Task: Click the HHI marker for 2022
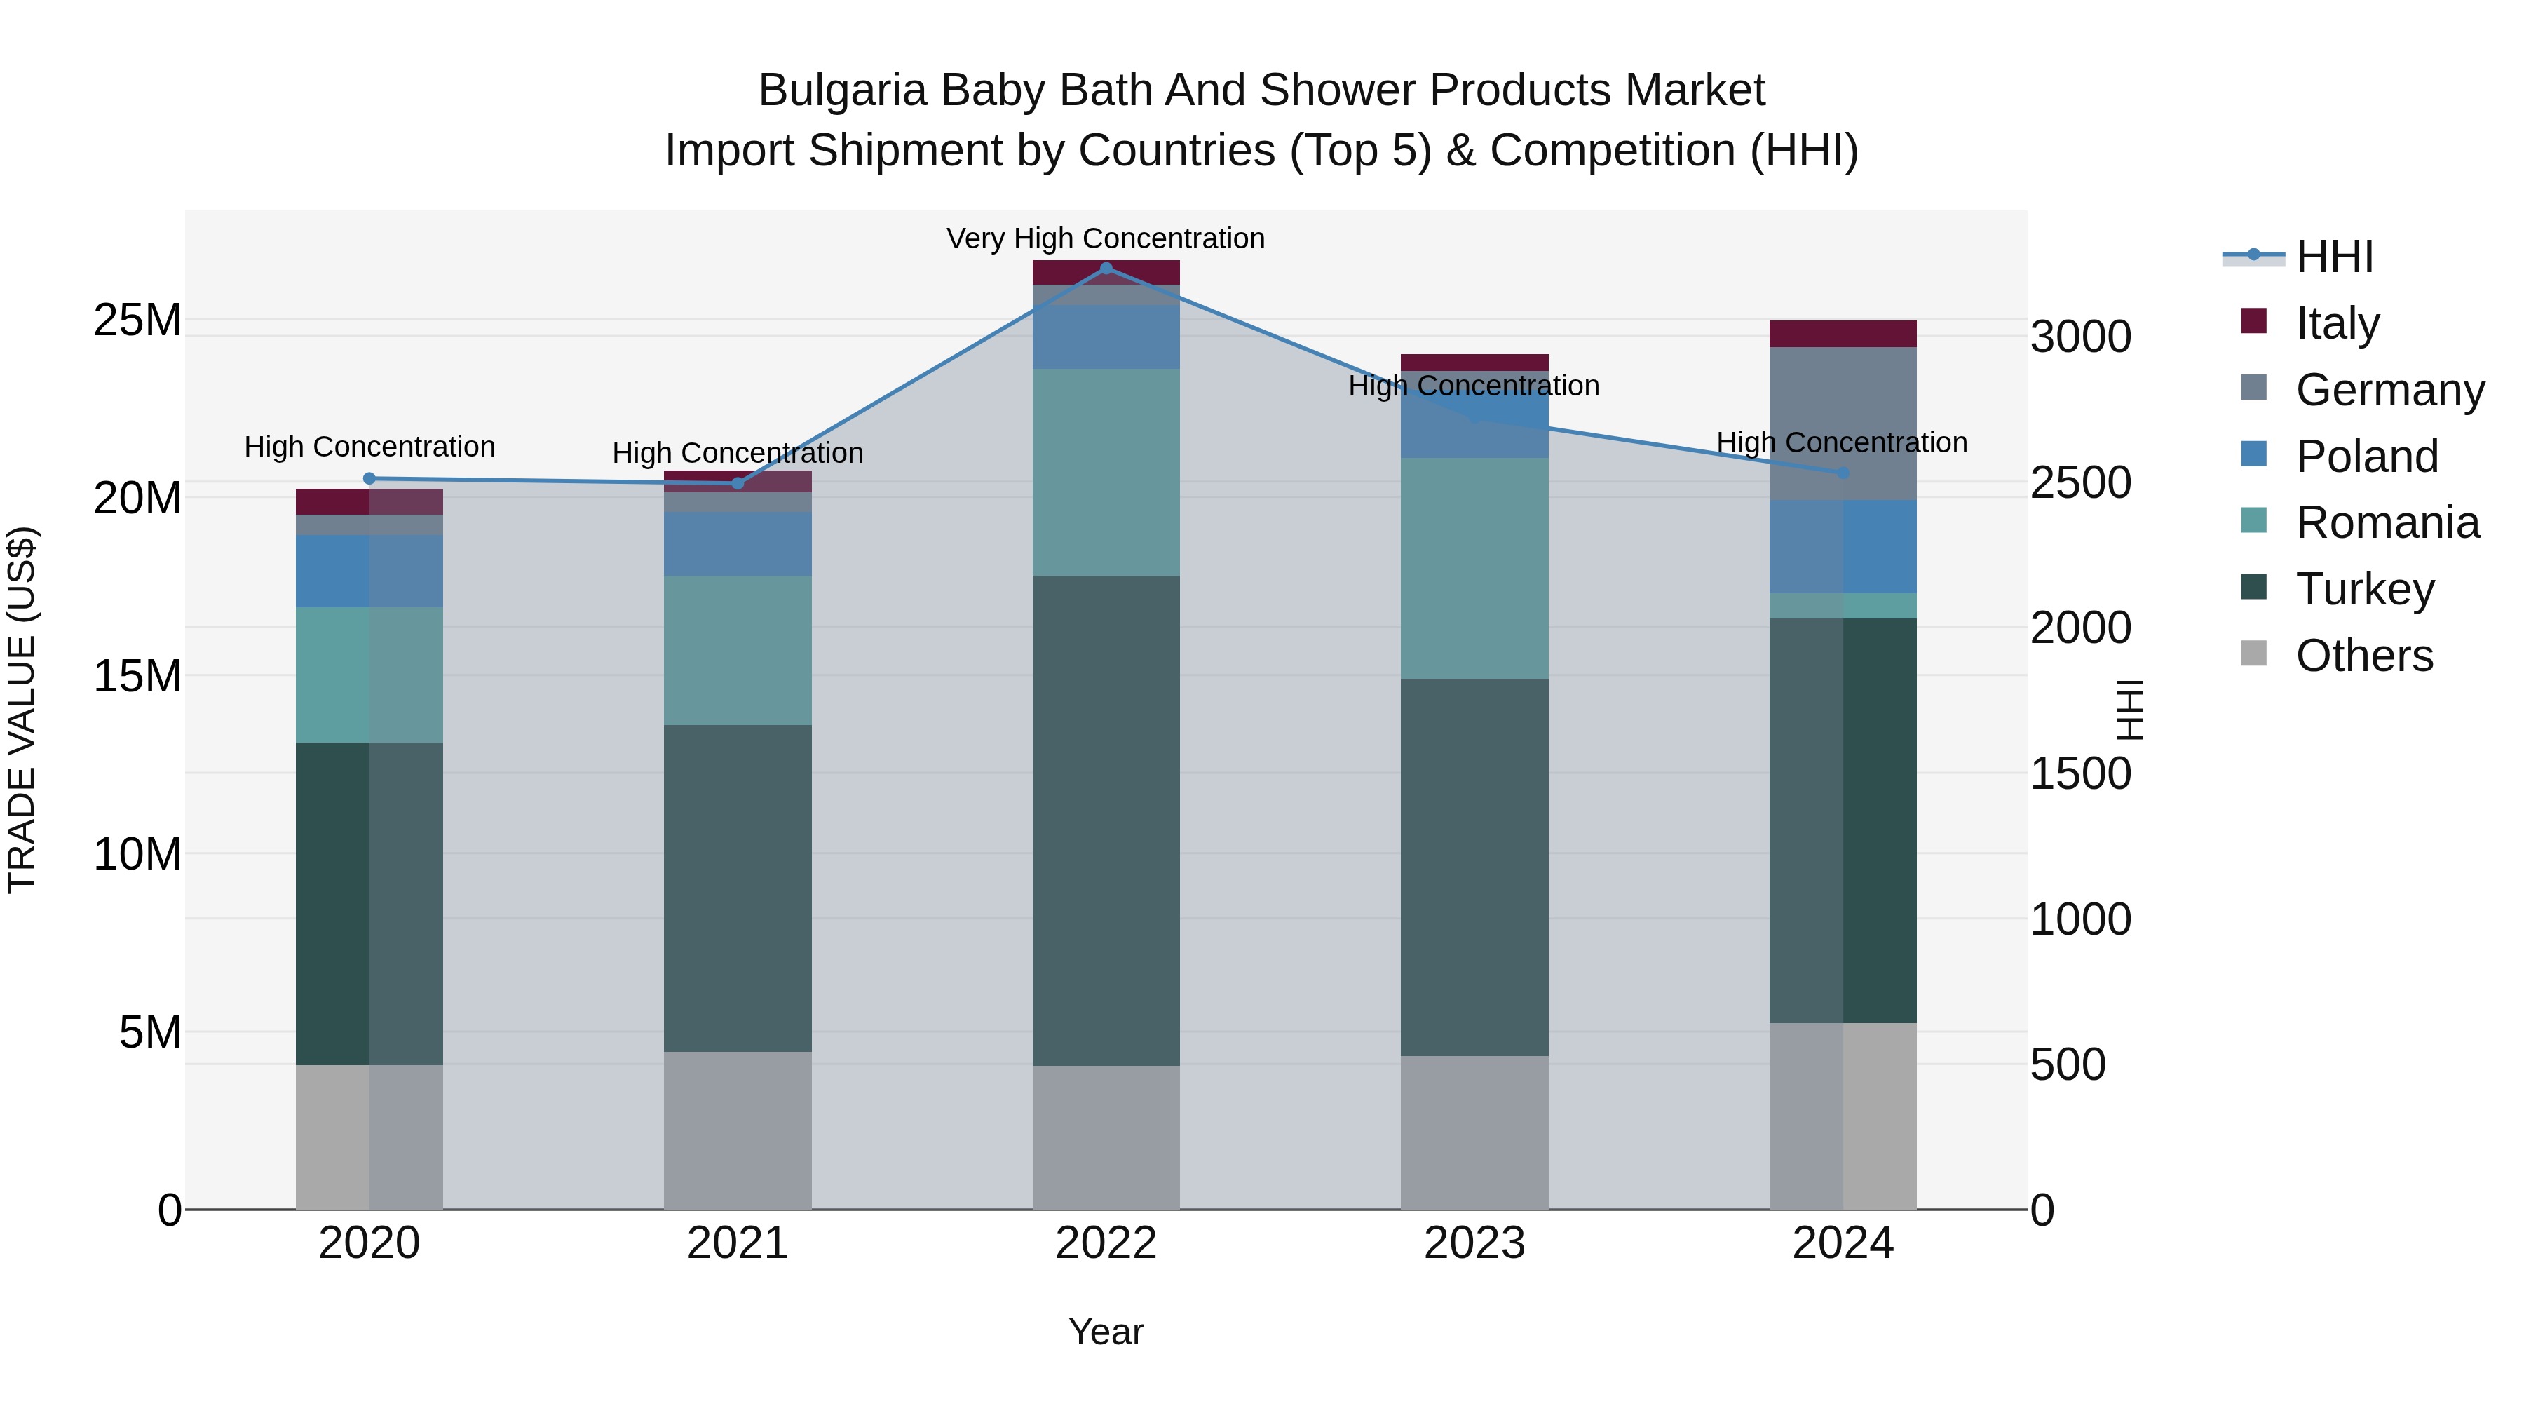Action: pos(1106,269)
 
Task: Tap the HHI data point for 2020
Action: pos(369,478)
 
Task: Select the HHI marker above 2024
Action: pos(1842,473)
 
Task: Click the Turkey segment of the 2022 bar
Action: pos(1106,820)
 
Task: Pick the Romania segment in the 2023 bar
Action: pos(1474,569)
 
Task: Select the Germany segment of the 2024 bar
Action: pos(1842,424)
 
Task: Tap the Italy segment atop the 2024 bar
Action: pos(1842,334)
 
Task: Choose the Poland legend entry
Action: pos(2366,457)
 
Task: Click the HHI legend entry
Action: pos(2334,257)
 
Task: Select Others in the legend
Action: pos(2363,656)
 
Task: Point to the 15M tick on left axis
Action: pos(137,676)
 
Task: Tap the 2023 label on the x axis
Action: pos(1474,1243)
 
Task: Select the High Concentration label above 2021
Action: pos(738,453)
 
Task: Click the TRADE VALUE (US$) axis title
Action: pos(22,710)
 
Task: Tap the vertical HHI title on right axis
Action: pos(2129,710)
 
